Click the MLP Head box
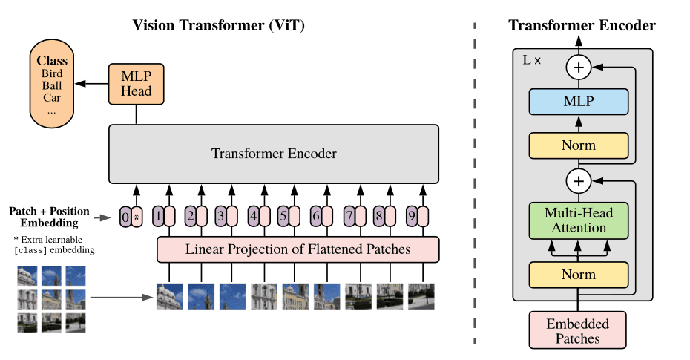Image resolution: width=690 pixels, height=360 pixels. coord(136,83)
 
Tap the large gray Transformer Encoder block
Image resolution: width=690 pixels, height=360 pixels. coord(274,154)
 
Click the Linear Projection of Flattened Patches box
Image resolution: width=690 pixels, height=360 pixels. coord(298,249)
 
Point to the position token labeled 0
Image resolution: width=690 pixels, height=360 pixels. coord(125,217)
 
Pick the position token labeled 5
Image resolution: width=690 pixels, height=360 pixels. coord(283,217)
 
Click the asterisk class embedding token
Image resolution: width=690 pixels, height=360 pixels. coord(137,217)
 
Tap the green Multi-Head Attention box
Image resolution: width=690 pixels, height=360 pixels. coord(579,220)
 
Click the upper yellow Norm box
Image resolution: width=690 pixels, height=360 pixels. coord(579,145)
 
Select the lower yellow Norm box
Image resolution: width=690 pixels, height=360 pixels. coord(579,275)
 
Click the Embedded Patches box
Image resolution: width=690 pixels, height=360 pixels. coord(577,331)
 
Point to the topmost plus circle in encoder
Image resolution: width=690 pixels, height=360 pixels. coord(578,68)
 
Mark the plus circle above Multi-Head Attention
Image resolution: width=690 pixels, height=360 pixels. coord(578,180)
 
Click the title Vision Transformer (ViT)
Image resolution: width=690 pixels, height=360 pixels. coord(218,25)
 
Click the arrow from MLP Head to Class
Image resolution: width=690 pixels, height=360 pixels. coord(92,83)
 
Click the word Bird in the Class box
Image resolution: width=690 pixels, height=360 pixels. coord(52,73)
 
